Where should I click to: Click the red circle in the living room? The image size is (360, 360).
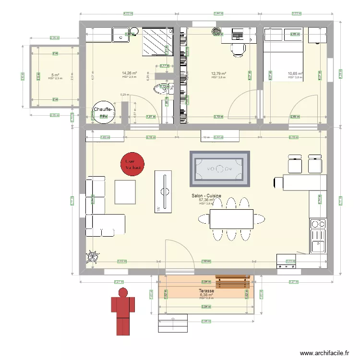[x=132, y=164]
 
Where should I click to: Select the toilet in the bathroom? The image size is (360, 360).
[x=158, y=89]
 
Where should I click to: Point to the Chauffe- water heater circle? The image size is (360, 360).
[x=104, y=112]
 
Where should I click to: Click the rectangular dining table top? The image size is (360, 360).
[x=231, y=219]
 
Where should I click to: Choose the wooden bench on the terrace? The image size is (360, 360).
[x=232, y=280]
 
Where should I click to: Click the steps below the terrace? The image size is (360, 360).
[x=172, y=323]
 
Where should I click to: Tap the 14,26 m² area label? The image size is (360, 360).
[x=130, y=73]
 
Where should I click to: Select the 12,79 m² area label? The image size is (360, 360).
[x=218, y=74]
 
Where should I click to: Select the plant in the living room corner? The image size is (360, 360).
[x=92, y=257]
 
